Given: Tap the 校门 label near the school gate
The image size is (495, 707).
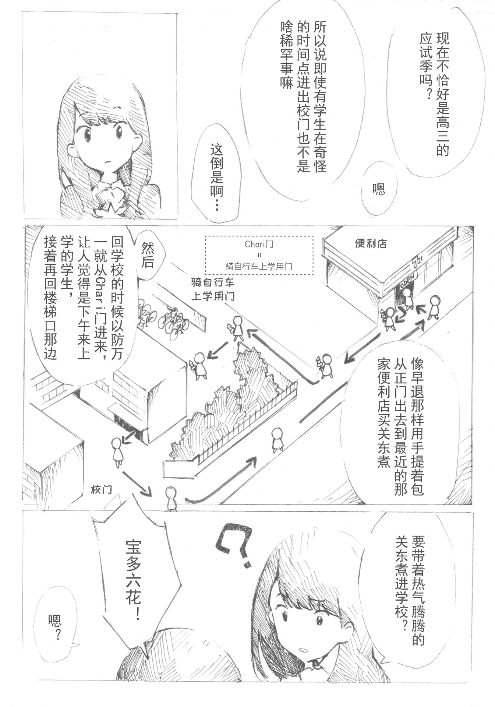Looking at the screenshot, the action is pyautogui.click(x=101, y=489).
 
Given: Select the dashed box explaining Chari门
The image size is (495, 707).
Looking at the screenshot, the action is pyautogui.click(x=259, y=255).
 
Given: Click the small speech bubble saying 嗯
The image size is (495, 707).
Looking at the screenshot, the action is pyautogui.click(x=379, y=189).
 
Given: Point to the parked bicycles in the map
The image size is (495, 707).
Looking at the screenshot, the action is pyautogui.click(x=163, y=317).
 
